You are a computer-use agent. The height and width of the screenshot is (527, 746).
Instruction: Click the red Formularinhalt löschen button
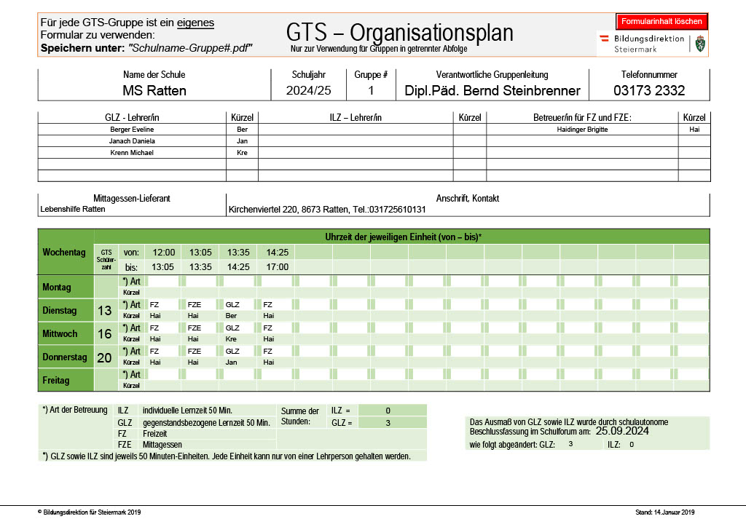point(661,22)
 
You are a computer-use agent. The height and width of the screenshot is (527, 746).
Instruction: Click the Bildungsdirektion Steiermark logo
point(652,44)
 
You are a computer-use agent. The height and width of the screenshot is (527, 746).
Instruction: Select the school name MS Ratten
point(154,91)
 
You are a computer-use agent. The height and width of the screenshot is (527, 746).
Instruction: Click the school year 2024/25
point(308,91)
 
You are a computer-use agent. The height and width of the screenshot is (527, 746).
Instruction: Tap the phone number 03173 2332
point(649,91)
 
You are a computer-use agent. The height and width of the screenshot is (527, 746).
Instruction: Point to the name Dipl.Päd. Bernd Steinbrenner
point(492,91)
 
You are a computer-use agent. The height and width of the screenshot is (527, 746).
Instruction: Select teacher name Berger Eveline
point(132,130)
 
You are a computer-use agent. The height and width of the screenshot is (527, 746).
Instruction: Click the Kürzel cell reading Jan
point(242,141)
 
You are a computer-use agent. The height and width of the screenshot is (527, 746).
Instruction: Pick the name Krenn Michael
point(132,153)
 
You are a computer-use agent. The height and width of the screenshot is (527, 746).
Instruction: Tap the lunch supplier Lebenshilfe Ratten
point(73,210)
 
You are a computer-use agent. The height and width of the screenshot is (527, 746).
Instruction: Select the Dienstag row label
point(60,311)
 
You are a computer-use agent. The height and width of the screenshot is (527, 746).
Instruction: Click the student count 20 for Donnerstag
point(105,357)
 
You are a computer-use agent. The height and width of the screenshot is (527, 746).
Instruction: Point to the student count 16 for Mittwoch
point(105,334)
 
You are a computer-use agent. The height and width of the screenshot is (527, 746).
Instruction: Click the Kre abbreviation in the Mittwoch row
point(232,339)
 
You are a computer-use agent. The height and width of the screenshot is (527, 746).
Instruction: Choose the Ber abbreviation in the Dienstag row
point(232,316)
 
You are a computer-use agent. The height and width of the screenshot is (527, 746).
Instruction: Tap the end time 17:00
point(278,267)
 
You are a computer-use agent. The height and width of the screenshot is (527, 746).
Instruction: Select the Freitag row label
point(56,381)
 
